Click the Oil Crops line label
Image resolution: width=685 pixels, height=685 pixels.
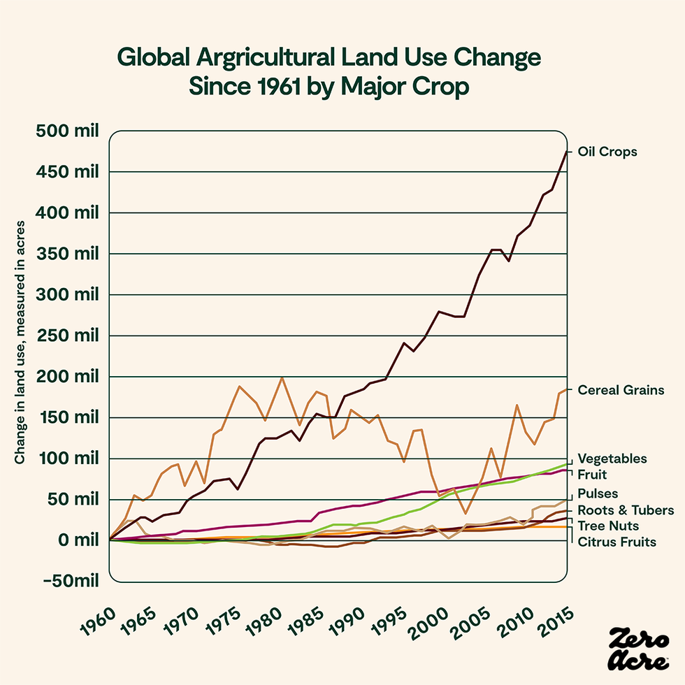(x=607, y=152)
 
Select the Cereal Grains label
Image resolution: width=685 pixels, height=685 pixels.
(x=620, y=390)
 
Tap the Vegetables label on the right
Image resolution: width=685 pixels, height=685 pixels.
(x=612, y=459)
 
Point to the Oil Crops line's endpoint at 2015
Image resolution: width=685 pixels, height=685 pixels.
(x=567, y=151)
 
